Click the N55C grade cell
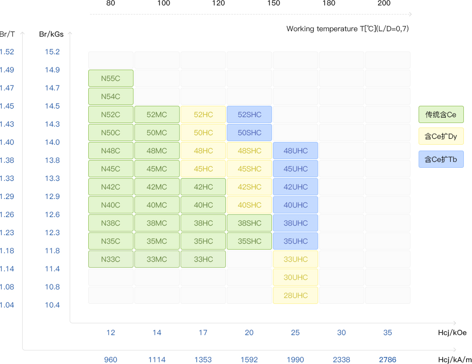(111, 78)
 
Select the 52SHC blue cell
(249, 114)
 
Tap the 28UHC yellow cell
(296, 295)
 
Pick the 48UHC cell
(296, 151)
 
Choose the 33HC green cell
(203, 259)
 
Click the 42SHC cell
(249, 187)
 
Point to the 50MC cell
(157, 132)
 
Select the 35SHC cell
(249, 241)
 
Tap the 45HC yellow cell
(203, 169)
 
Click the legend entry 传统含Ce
(441, 114)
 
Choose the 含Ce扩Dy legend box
(441, 136)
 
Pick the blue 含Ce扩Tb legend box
(441, 159)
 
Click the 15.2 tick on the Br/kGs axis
(52, 52)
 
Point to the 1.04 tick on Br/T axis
(7, 305)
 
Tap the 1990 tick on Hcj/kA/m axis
(296, 359)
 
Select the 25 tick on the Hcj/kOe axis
(296, 332)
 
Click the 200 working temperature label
(384, 3)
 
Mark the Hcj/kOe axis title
(452, 332)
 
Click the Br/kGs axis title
(52, 34)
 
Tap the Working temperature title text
(348, 29)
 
